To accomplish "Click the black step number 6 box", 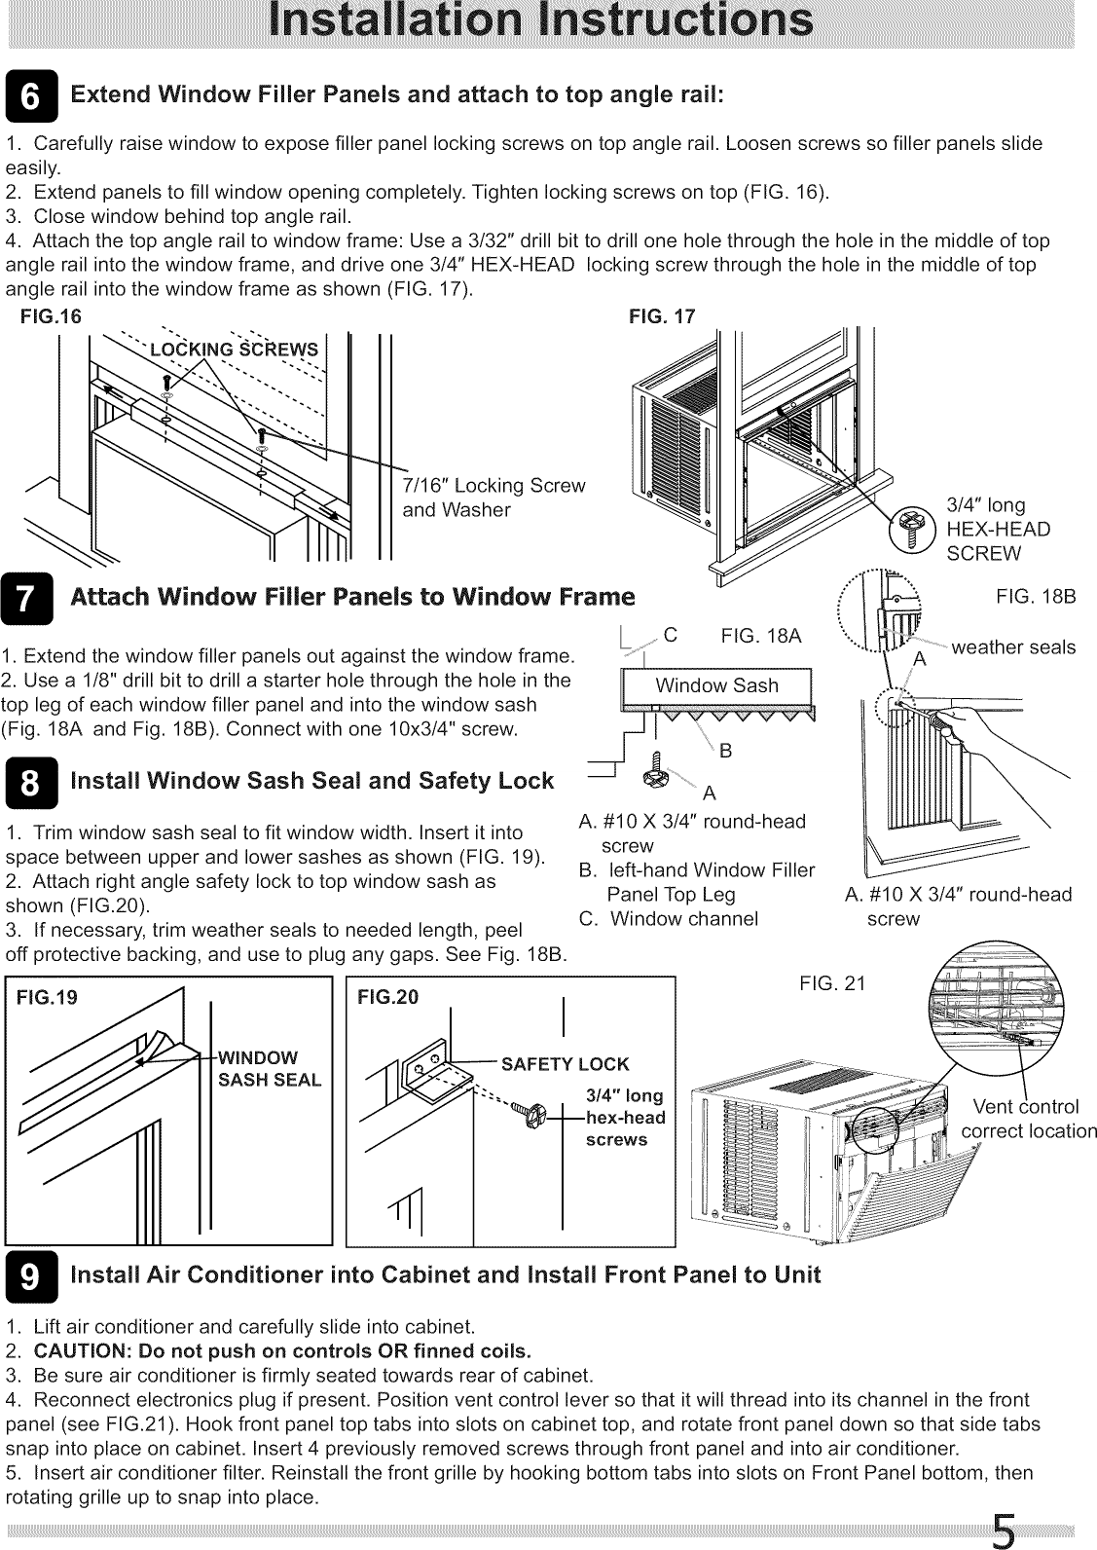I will coord(31,97).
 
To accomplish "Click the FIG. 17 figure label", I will coord(663,316).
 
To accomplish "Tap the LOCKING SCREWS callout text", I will coord(233,351).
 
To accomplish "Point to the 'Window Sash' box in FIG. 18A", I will coord(717,685).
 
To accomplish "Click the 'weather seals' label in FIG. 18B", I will coord(1013,647).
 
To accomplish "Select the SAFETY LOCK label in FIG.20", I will coord(565,1064).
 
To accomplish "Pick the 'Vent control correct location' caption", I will coord(1028,1119).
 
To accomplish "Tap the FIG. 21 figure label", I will coord(831,984).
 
